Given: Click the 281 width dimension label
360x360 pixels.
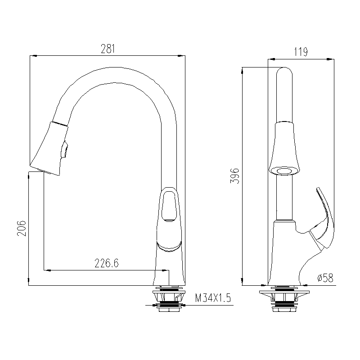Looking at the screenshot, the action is click(108, 49).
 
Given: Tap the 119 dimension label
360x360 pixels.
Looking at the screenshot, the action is click(301, 52).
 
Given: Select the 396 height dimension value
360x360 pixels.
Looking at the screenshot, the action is click(235, 176).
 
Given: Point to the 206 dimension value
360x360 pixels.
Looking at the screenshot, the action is click(22, 228).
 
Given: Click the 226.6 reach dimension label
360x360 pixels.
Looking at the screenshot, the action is click(107, 263).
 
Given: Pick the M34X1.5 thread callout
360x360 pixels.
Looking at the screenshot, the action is click(213, 298).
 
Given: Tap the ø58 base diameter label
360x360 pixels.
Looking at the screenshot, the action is click(325, 278).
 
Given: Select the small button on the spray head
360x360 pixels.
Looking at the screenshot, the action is click(65, 149).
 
